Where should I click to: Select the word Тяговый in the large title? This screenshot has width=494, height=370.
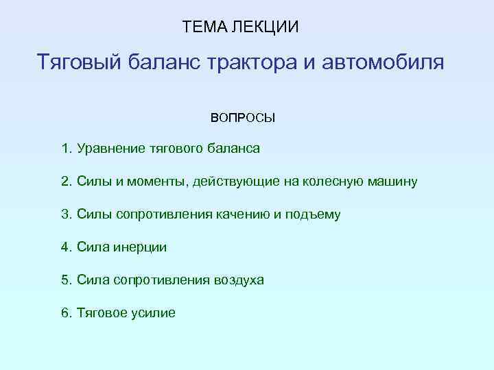[x=82, y=64]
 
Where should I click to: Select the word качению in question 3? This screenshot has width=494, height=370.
[x=245, y=214]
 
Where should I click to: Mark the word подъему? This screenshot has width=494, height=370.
[x=312, y=214]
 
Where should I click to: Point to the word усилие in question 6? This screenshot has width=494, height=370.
[x=154, y=313]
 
